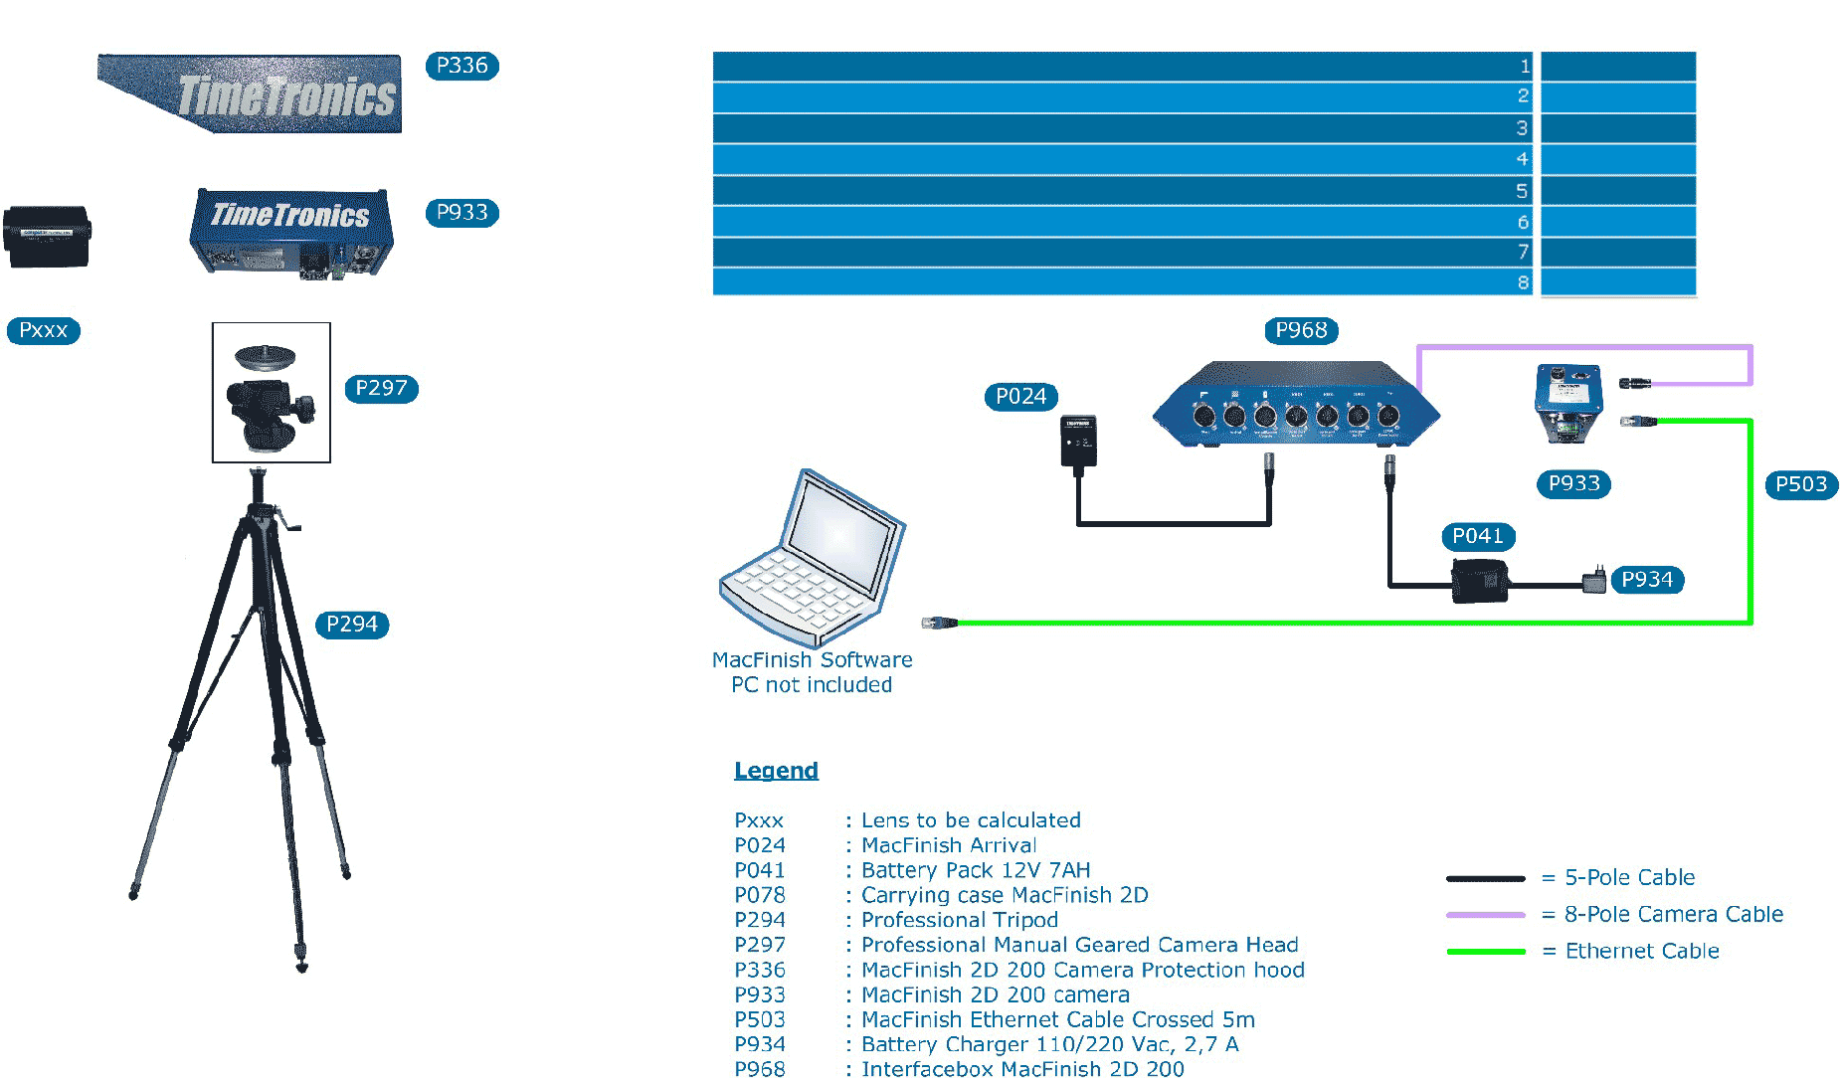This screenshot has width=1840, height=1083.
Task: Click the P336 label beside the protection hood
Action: click(461, 66)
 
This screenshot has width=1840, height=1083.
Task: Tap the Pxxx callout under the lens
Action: click(43, 330)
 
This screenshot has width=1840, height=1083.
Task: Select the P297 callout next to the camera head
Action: click(381, 388)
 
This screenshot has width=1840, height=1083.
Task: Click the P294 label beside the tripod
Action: click(352, 625)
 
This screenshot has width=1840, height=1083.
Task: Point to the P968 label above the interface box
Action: click(1301, 330)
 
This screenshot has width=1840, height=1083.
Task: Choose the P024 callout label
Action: click(1020, 397)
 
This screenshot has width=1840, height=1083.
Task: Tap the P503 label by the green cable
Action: click(1801, 484)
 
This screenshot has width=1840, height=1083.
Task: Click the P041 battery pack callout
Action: click(1477, 536)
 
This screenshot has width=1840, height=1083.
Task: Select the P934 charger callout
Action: click(1647, 580)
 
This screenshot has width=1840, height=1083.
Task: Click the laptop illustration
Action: click(812, 560)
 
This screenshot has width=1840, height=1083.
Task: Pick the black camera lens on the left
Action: click(47, 237)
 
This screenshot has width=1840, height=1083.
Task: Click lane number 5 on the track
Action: click(1522, 191)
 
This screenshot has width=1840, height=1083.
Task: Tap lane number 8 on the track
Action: click(1523, 282)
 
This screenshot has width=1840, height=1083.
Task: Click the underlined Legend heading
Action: click(776, 771)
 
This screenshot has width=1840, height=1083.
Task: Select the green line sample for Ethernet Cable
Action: click(1486, 952)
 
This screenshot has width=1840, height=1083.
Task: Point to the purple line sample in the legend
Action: click(1486, 915)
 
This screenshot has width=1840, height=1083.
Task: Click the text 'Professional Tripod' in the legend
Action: click(960, 920)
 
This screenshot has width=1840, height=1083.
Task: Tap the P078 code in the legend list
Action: click(760, 895)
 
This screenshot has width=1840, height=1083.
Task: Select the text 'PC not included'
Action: click(812, 685)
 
